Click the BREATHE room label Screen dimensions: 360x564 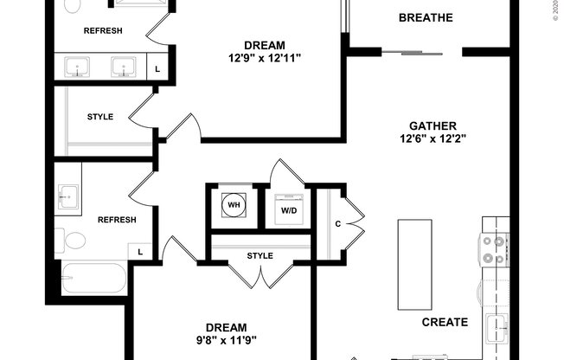(x=426, y=18)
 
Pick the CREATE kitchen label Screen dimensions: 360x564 (x=445, y=322)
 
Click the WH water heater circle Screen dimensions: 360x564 (x=233, y=206)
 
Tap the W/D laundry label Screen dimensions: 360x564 (x=287, y=210)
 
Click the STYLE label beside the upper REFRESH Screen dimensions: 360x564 (x=100, y=117)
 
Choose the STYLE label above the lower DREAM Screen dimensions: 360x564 (x=260, y=255)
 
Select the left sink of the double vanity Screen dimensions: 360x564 (x=82, y=66)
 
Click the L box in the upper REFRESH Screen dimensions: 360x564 (x=157, y=67)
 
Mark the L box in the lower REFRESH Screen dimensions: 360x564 (x=139, y=251)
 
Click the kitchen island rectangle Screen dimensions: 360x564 (x=414, y=263)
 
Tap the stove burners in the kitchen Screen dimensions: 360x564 (x=492, y=249)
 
